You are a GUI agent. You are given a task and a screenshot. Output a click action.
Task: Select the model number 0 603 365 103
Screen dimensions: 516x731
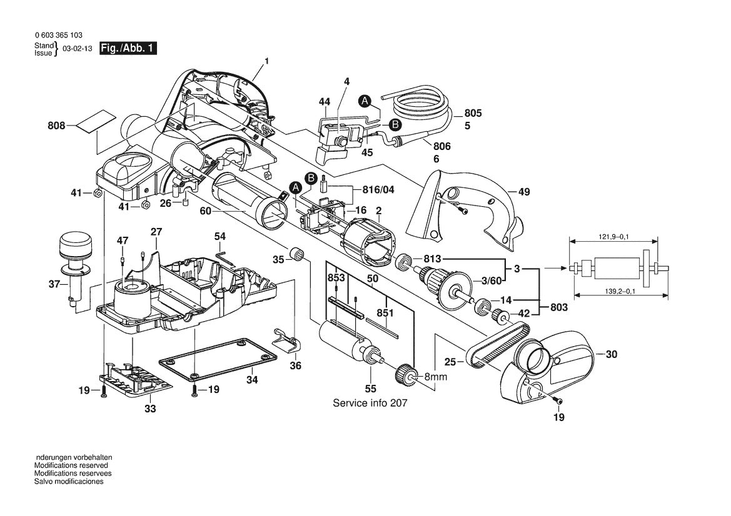pos(59,36)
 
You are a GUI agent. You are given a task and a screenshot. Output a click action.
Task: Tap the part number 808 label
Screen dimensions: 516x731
pos(56,126)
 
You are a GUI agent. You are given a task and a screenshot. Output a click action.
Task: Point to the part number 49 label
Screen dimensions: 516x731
pos(523,192)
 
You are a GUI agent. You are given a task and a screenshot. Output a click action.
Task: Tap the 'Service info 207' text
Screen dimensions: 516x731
pos(370,403)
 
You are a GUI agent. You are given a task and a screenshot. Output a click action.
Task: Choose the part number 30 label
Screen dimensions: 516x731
pos(611,354)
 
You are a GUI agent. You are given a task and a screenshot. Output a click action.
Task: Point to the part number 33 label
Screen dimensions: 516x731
pos(150,409)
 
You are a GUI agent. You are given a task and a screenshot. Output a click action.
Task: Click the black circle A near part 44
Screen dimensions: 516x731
pos(365,101)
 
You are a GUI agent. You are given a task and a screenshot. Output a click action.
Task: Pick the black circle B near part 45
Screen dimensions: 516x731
pos(395,125)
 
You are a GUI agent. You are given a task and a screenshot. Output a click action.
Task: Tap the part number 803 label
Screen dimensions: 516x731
pos(560,307)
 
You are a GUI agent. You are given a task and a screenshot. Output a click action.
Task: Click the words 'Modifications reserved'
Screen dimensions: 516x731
pos(71,465)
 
